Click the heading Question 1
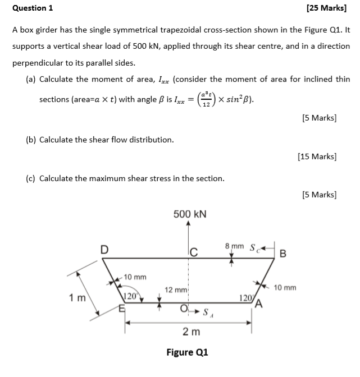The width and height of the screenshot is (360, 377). tap(33, 8)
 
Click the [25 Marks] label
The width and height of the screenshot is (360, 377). tap(326, 8)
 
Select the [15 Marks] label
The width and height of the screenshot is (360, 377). tap(317, 157)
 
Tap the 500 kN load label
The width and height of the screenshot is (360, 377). tap(190, 214)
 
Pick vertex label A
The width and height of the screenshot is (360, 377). tap(259, 305)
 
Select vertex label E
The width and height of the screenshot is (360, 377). tap(121, 307)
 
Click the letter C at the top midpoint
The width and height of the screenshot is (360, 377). tap(193, 252)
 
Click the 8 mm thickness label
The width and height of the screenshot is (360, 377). tap(234, 246)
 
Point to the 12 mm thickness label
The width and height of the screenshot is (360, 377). tap(175, 289)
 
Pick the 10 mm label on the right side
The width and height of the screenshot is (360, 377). tap(285, 288)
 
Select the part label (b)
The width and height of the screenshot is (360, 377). tap(32, 139)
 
